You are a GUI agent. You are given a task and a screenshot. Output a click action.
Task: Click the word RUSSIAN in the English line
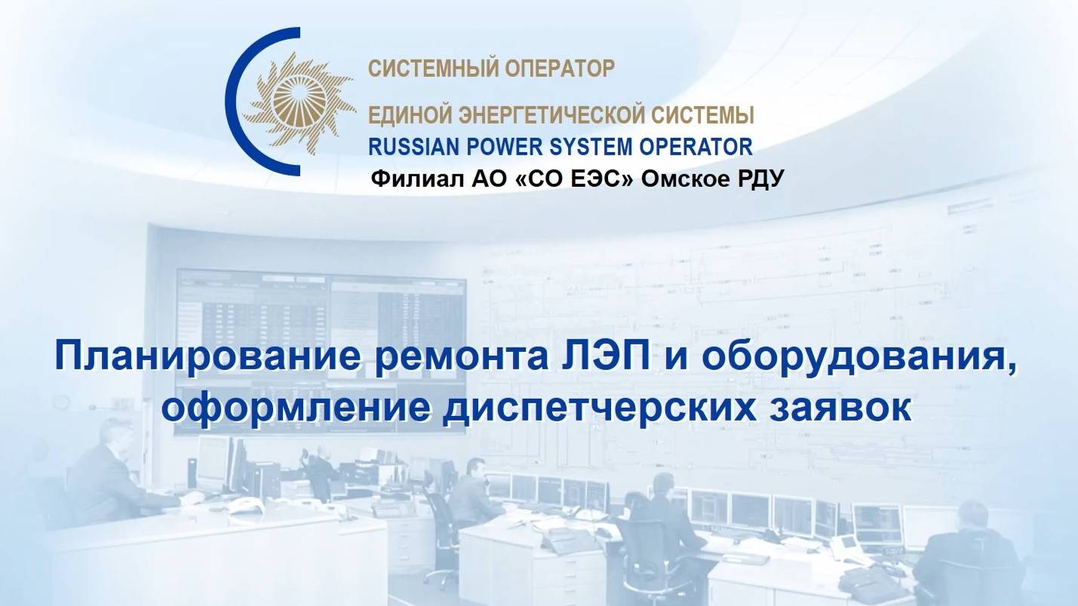(x=407, y=146)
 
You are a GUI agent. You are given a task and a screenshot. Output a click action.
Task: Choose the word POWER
(x=491, y=146)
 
